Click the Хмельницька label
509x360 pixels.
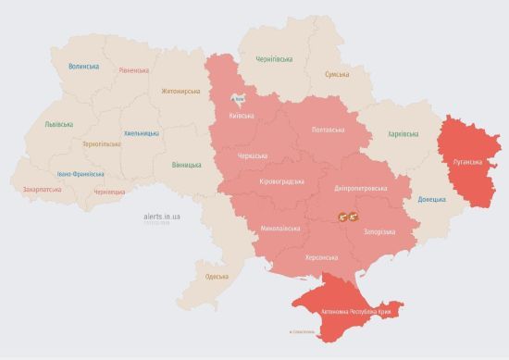141,133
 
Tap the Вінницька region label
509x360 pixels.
187,165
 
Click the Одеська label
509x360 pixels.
217,277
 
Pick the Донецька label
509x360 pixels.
431,199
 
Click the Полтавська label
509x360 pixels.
329,130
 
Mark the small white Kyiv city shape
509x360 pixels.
239,97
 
